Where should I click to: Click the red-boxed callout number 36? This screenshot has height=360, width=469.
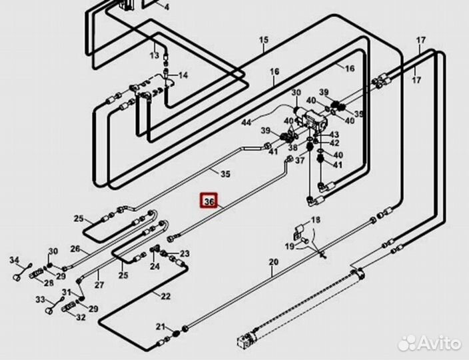pos(209,201)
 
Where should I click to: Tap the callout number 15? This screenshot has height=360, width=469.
pos(264,41)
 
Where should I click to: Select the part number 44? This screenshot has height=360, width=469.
pos(246,122)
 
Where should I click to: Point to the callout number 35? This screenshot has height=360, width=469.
pos(225,175)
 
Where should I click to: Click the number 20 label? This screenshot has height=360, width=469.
pos(272,262)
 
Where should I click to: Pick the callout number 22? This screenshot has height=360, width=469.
pos(165,295)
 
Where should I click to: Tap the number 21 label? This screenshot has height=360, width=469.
pos(160,326)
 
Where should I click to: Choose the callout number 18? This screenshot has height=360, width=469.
pos(316,221)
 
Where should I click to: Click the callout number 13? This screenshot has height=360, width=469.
pos(155,55)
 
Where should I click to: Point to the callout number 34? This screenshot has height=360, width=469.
pos(14,259)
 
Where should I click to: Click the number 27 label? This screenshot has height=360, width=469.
pos(99,285)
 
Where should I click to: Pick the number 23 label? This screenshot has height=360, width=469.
pos(185,253)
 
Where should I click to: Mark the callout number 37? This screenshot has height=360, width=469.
pos(299,161)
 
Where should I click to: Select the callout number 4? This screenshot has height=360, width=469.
pos(167,8)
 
